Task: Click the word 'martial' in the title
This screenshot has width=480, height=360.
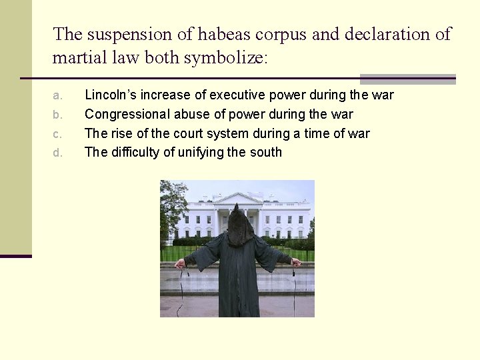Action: (78, 58)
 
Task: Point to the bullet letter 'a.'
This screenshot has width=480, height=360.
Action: (57, 95)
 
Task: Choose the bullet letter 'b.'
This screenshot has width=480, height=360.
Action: (57, 115)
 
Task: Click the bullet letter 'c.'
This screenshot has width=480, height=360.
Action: (57, 133)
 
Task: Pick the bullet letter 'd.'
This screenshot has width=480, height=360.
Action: (57, 153)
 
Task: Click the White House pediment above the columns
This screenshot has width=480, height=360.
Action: (238, 199)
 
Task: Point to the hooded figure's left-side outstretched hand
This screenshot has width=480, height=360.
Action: (179, 263)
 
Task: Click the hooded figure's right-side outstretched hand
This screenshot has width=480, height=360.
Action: (296, 263)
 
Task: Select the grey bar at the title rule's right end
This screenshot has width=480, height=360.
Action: (407, 79)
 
